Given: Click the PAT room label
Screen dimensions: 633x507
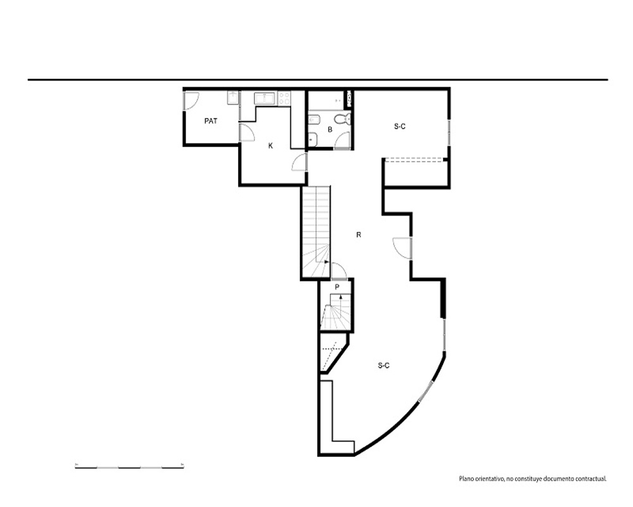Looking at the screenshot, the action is tap(211, 121).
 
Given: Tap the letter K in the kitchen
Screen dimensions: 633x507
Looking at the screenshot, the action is tap(270, 146).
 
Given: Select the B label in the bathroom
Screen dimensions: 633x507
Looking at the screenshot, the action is tap(330, 130).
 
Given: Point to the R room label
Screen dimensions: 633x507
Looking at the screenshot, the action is tap(358, 235).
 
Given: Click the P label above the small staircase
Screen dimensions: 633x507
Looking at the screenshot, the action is tap(337, 287).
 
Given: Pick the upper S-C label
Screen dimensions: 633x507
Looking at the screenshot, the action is tap(399, 127).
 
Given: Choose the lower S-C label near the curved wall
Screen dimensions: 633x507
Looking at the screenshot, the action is tap(384, 366).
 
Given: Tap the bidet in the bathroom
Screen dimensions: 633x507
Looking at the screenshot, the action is tap(314, 120).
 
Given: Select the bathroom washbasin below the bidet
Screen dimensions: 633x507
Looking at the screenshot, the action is tap(313, 139).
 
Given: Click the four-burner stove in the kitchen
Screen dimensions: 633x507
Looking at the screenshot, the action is tap(284, 99).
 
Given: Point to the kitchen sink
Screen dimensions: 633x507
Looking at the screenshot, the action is tap(265, 99).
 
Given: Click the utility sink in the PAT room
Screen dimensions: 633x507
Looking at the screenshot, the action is tap(232, 98).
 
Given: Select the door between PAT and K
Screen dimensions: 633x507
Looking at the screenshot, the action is tap(247, 132).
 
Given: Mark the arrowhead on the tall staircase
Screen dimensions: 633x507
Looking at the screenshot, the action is tap(326, 262).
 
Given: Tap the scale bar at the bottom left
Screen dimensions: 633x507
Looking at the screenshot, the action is tap(130, 467).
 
